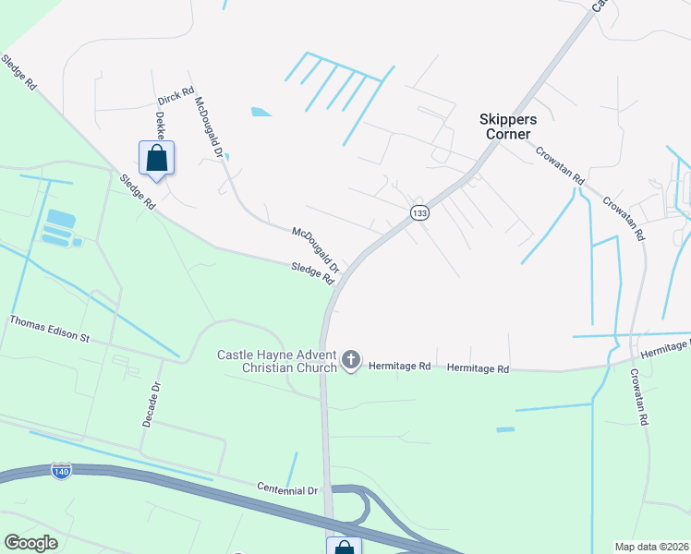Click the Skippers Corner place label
[x=504, y=126]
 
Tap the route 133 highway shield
[x=420, y=213]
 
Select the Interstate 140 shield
[x=62, y=471]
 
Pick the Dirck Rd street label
[x=176, y=95]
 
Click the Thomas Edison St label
[x=49, y=330]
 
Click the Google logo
[x=31, y=543]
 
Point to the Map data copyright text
[x=651, y=547]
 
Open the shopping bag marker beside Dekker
[x=156, y=158]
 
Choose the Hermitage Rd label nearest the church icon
[x=400, y=367]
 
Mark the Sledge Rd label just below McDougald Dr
[x=311, y=272]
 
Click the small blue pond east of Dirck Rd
[x=261, y=113]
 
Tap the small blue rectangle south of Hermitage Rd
[x=505, y=429]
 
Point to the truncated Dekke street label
[x=161, y=125]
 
